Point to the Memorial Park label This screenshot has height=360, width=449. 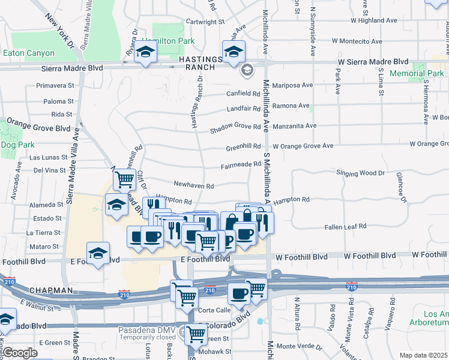(x=417, y=74)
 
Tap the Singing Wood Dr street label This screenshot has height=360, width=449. (x=360, y=173)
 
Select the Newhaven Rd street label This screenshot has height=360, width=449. (x=194, y=186)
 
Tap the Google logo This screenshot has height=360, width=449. (x=20, y=353)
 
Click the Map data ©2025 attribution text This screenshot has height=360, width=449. (x=423, y=355)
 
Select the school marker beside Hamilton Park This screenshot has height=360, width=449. (x=145, y=53)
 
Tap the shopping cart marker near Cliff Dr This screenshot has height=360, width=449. (x=124, y=178)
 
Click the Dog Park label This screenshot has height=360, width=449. (x=18, y=145)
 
